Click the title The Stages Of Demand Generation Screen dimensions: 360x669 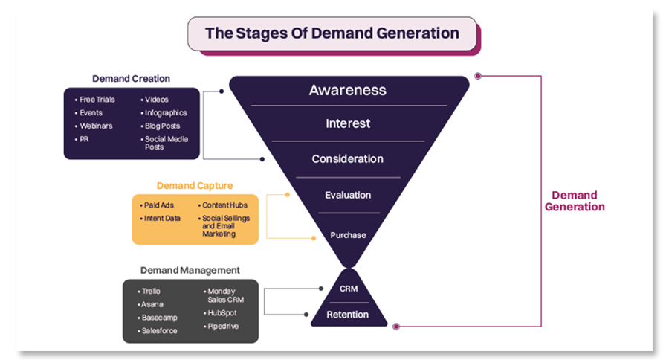332,33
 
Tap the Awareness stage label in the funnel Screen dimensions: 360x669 348,90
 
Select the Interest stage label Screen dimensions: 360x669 348,123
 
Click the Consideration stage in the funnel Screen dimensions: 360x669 348,159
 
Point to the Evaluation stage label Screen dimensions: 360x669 348,195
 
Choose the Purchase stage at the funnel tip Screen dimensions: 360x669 348,235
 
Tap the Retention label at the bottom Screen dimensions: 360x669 348,315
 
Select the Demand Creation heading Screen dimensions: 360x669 131,79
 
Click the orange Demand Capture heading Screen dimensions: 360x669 195,186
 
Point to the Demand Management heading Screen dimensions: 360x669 190,271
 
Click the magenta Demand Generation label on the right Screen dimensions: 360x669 575,201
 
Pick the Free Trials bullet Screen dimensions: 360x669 97,100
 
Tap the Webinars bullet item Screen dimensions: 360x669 96,126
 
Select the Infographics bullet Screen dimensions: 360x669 166,113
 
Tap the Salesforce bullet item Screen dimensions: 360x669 159,331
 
